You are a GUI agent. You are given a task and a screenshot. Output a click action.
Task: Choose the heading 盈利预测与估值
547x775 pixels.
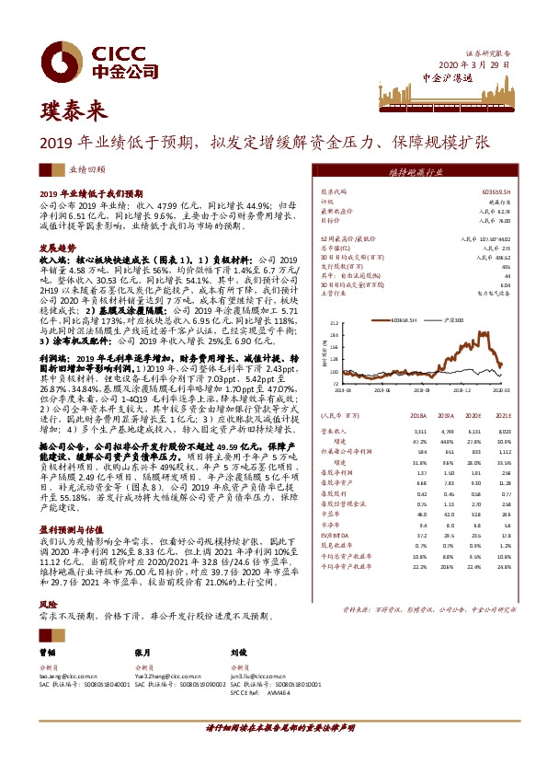click(69, 529)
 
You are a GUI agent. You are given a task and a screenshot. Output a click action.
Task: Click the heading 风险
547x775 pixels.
click(48, 605)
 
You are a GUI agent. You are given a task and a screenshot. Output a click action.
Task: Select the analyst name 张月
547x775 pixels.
click(141, 650)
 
